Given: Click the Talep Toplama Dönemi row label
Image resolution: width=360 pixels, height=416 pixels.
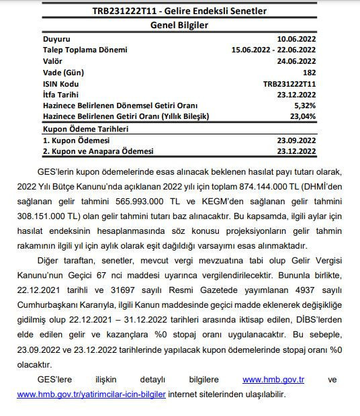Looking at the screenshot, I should pyautogui.click(x=85, y=50).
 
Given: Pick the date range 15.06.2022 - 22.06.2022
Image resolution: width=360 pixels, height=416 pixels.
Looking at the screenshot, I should pyautogui.click(x=273, y=50).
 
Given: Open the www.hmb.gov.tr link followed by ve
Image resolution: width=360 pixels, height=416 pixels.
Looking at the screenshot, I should pyautogui.click(x=273, y=380).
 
